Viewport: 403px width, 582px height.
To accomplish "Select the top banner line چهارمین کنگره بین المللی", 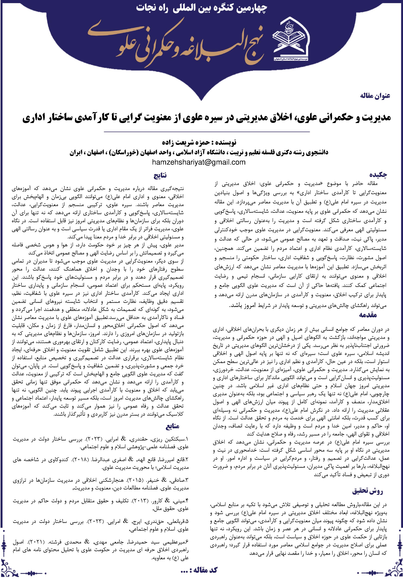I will click(x=201, y=9).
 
